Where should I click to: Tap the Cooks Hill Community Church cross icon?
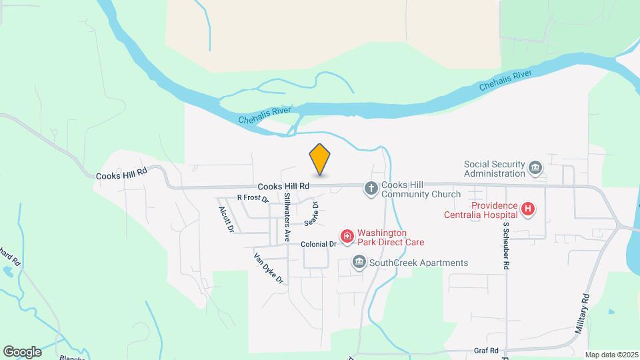(371, 189)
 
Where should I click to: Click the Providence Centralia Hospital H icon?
(528, 209)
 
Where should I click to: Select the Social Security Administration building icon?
(535, 168)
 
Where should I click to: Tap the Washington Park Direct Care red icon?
(347, 237)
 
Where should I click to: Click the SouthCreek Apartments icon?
(359, 263)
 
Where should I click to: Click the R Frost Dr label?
(252, 198)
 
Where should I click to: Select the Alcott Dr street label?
(226, 219)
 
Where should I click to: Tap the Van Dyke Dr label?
(268, 268)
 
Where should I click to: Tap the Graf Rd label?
(487, 350)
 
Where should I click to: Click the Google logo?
(22, 351)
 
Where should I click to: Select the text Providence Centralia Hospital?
(481, 209)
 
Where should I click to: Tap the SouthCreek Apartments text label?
(419, 263)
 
